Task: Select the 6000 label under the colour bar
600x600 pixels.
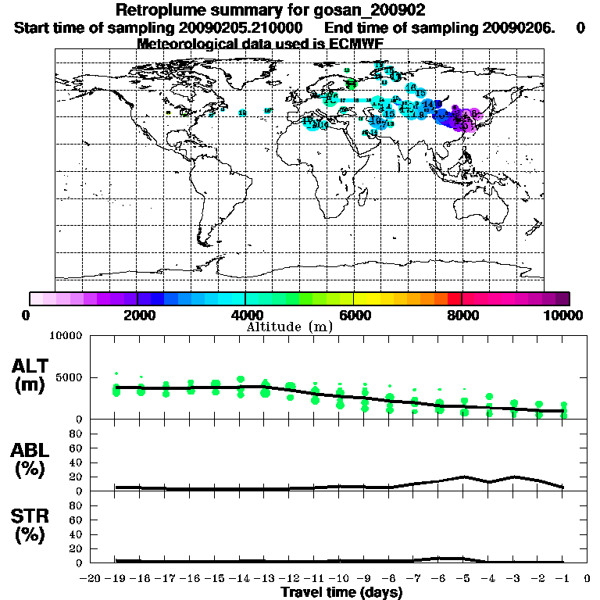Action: click(354, 315)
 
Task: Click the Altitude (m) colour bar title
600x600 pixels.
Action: click(290, 326)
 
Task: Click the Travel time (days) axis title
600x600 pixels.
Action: click(342, 593)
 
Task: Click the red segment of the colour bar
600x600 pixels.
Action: click(454, 298)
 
